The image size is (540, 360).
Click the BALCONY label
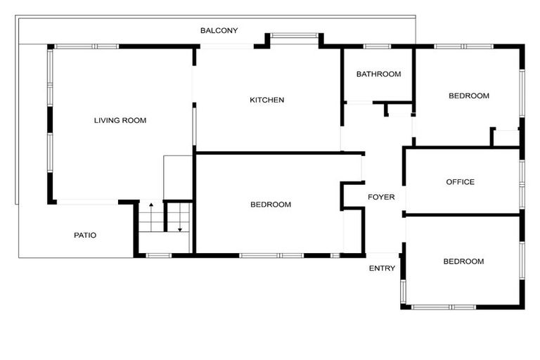pyautogui.click(x=219, y=30)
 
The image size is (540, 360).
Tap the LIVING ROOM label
pyautogui.click(x=120, y=120)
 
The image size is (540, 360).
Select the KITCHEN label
pyautogui.click(x=267, y=100)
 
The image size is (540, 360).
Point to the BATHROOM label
pyautogui.click(x=378, y=74)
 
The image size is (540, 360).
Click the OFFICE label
pyautogui.click(x=460, y=182)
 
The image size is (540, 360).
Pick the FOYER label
pyautogui.click(x=381, y=198)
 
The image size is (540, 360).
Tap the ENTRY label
pyautogui.click(x=382, y=268)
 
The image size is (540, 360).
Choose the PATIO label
pyautogui.click(x=85, y=235)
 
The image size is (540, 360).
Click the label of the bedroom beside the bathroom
pyautogui.click(x=469, y=96)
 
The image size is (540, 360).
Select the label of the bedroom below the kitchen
pyautogui.click(x=271, y=205)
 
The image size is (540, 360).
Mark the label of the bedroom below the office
pyautogui.click(x=463, y=262)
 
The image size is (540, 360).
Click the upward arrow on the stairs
pyautogui.click(x=150, y=206)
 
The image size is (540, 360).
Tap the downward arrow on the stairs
pyautogui.click(x=180, y=228)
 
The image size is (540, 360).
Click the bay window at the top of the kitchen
pyautogui.click(x=295, y=34)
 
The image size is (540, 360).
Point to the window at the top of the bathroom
pyautogui.click(x=378, y=46)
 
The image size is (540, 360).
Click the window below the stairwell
pyautogui.click(x=158, y=255)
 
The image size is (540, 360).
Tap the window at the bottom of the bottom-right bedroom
pyautogui.click(x=443, y=307)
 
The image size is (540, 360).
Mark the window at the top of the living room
pyautogui.click(x=86, y=46)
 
